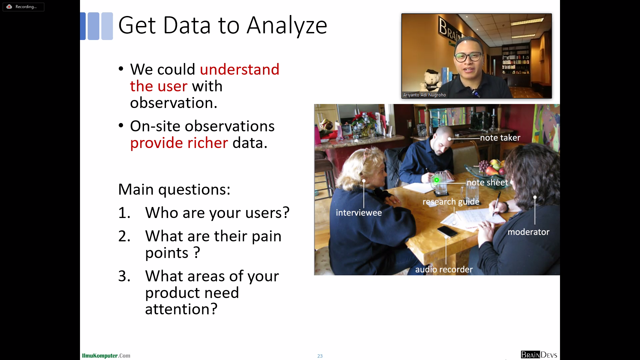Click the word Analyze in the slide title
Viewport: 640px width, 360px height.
287,26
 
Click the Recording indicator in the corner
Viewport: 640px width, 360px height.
23,7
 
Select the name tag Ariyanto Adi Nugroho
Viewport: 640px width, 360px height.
424,95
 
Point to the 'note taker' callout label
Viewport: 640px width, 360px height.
500,138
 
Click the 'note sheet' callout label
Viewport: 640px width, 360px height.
487,182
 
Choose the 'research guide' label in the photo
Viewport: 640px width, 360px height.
451,202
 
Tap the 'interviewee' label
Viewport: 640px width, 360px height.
359,213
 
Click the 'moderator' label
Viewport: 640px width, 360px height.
528,232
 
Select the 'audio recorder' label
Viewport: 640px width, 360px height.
444,269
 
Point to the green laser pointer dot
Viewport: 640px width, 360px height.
436,180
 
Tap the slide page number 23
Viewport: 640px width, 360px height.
320,356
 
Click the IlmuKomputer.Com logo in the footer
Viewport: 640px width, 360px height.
106,356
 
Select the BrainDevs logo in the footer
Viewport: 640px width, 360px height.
539,355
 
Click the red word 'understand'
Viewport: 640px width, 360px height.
240,69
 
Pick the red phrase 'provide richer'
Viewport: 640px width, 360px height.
179,143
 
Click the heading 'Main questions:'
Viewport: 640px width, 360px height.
174,189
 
